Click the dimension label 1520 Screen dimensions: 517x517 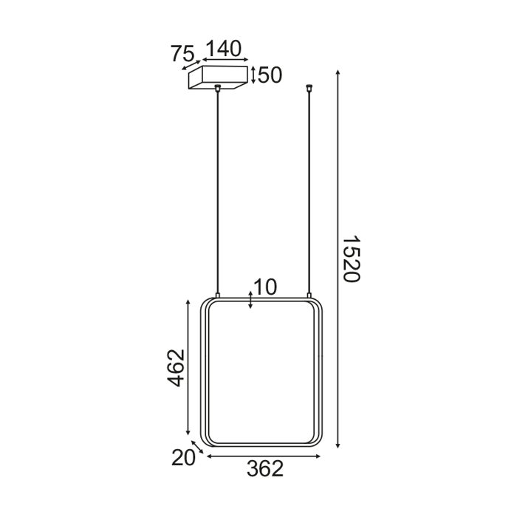[351, 258]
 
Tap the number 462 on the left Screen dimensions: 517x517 [175, 367]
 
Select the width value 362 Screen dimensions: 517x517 [264, 468]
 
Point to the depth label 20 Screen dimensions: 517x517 [183, 458]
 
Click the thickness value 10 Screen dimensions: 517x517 [264, 287]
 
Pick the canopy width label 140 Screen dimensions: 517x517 [223, 49]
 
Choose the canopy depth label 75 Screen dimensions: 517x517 [182, 54]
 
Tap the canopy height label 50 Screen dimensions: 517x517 [270, 75]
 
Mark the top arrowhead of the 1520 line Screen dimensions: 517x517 [338, 72]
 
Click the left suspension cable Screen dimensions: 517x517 [218, 192]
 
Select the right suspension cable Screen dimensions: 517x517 [309, 192]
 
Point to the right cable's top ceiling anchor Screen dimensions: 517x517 [309, 89]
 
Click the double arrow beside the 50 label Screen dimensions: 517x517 [253, 75]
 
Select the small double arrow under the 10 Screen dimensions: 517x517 [251, 300]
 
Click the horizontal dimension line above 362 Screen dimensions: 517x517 [264, 456]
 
